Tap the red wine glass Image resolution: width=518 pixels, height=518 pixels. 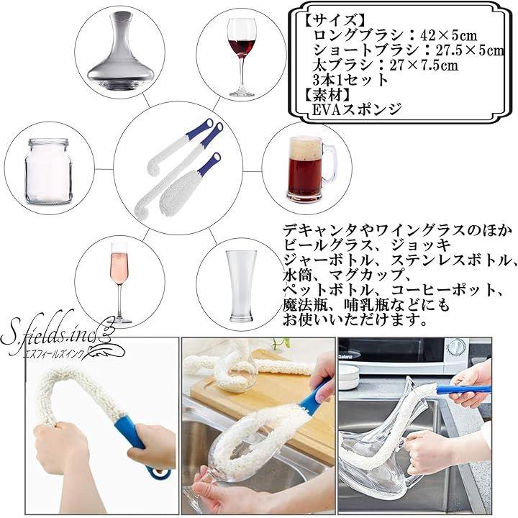pyautogui.click(x=242, y=57)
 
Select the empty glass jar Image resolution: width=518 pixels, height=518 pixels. pyautogui.click(x=49, y=171)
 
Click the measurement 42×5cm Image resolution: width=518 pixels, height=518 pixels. pyautogui.click(x=448, y=35)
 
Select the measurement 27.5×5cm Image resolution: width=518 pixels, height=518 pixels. pyautogui.click(x=470, y=50)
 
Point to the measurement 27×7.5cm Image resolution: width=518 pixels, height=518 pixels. pyautogui.click(x=424, y=65)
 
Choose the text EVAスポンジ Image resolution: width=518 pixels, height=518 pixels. pyautogui.click(x=357, y=109)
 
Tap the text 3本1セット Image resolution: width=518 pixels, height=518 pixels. pyautogui.click(x=350, y=80)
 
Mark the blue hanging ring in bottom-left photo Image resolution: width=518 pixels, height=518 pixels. pyautogui.click(x=158, y=473)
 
